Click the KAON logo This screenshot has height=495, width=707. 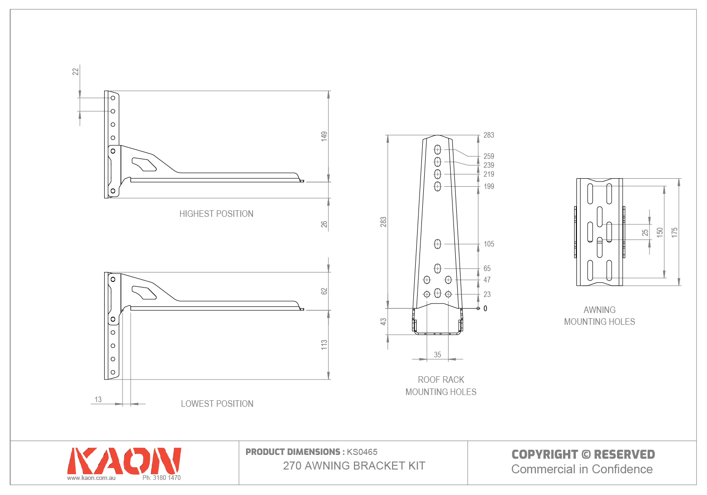point(124,461)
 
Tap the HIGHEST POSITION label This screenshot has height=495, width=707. point(216,214)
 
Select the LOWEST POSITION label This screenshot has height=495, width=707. point(217,404)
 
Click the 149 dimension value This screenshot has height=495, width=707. point(324,136)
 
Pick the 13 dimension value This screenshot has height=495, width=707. point(98,399)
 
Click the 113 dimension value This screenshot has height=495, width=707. point(324,345)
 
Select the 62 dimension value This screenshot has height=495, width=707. point(324,291)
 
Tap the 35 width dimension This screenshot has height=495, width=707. point(437,355)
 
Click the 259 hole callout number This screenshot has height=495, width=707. point(489,156)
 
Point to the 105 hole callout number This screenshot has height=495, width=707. point(489,244)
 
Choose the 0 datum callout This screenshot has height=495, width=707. point(485,308)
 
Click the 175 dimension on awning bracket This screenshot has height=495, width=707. point(675,232)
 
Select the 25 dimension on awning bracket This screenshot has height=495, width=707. point(645,232)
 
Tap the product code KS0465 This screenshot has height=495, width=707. point(362,452)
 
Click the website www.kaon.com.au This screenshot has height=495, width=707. point(91,478)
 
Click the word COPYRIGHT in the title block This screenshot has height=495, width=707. point(544,454)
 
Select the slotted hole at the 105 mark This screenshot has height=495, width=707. point(437,244)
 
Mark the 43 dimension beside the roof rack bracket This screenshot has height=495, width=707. point(384,322)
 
